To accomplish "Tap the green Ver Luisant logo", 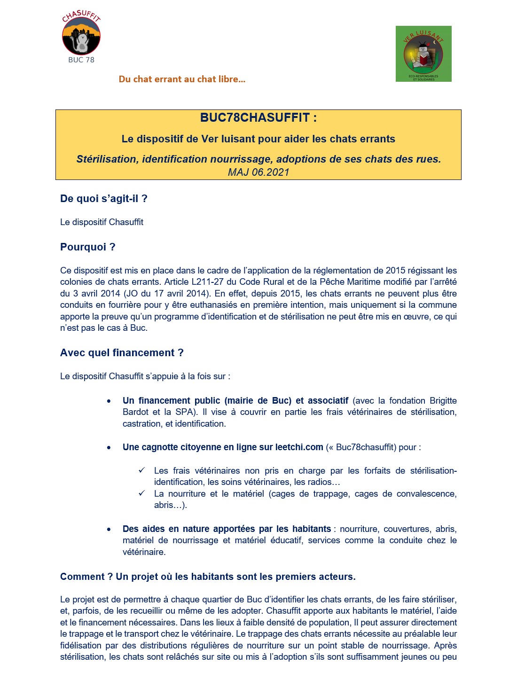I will coord(423,54).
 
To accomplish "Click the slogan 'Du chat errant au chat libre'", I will coord(182,79).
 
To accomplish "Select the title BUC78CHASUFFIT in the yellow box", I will coord(258,117).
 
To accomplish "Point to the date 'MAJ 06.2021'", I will coord(258,172).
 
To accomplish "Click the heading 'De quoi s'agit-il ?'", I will coord(104,199).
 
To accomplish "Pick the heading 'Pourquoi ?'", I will coord(88,247).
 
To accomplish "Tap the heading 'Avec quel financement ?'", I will coord(122,353).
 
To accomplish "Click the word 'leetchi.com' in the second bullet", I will coord(299,447).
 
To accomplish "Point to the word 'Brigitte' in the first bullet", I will coord(443,401).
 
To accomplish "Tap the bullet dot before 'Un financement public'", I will coord(109,401).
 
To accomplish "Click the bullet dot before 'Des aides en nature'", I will coord(109,530).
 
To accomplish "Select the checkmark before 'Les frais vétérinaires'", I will coord(141,470).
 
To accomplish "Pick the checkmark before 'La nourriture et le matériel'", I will coord(141,493).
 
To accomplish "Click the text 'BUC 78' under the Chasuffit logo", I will coord(81,60).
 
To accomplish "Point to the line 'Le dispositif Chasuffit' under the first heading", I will coord(102,222).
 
